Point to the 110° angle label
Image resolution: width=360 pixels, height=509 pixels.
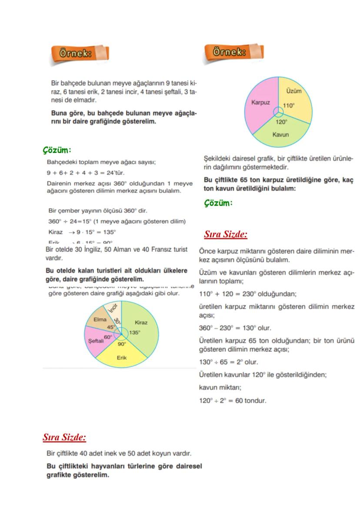(x=289, y=106)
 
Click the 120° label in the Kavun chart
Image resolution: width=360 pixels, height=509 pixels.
(x=281, y=122)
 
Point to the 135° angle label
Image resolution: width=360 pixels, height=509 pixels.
(x=134, y=333)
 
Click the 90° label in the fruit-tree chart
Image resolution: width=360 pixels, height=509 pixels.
(x=121, y=343)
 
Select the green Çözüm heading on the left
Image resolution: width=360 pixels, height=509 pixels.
(x=57, y=150)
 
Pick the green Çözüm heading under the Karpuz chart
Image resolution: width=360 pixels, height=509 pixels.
(x=218, y=203)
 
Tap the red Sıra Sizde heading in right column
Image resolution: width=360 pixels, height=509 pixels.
(x=226, y=234)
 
